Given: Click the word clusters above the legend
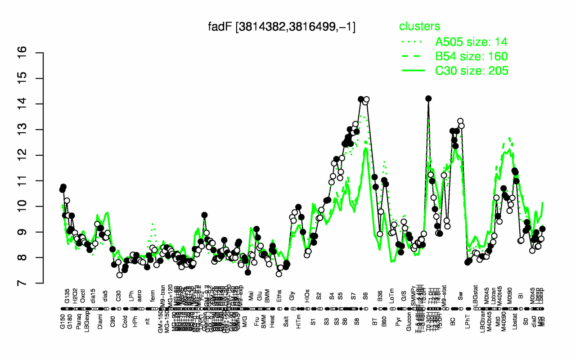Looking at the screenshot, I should (419, 27).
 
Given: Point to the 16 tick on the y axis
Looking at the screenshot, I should (34, 53).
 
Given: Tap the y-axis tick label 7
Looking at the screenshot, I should (34, 283).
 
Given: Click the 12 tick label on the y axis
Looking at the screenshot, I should (34, 155).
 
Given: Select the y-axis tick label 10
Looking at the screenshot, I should (34, 207).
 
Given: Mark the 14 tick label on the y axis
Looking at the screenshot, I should (34, 104).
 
